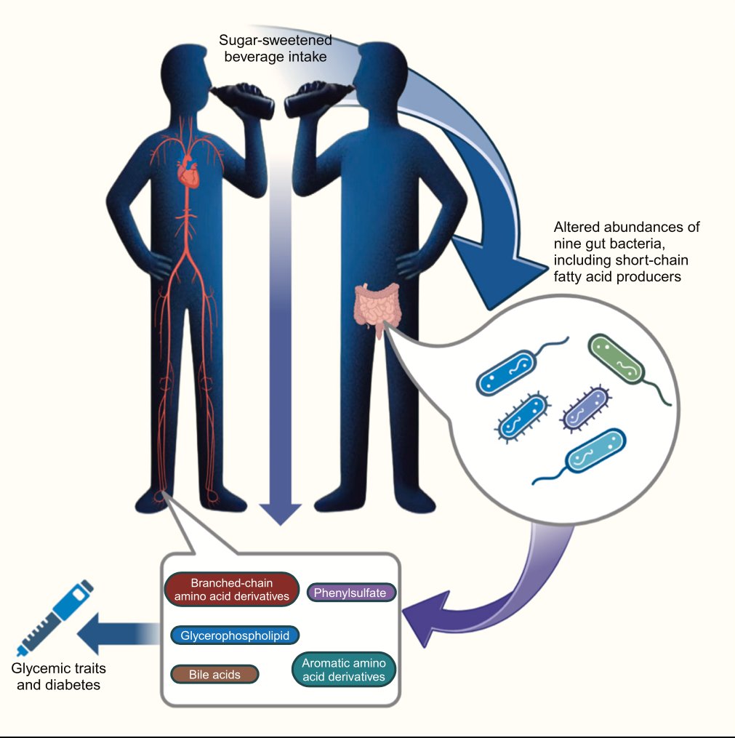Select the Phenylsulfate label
(x=353, y=593)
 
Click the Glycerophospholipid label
(x=235, y=635)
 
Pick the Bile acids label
(x=214, y=674)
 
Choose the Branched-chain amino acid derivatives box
(x=232, y=589)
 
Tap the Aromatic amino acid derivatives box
(x=343, y=670)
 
